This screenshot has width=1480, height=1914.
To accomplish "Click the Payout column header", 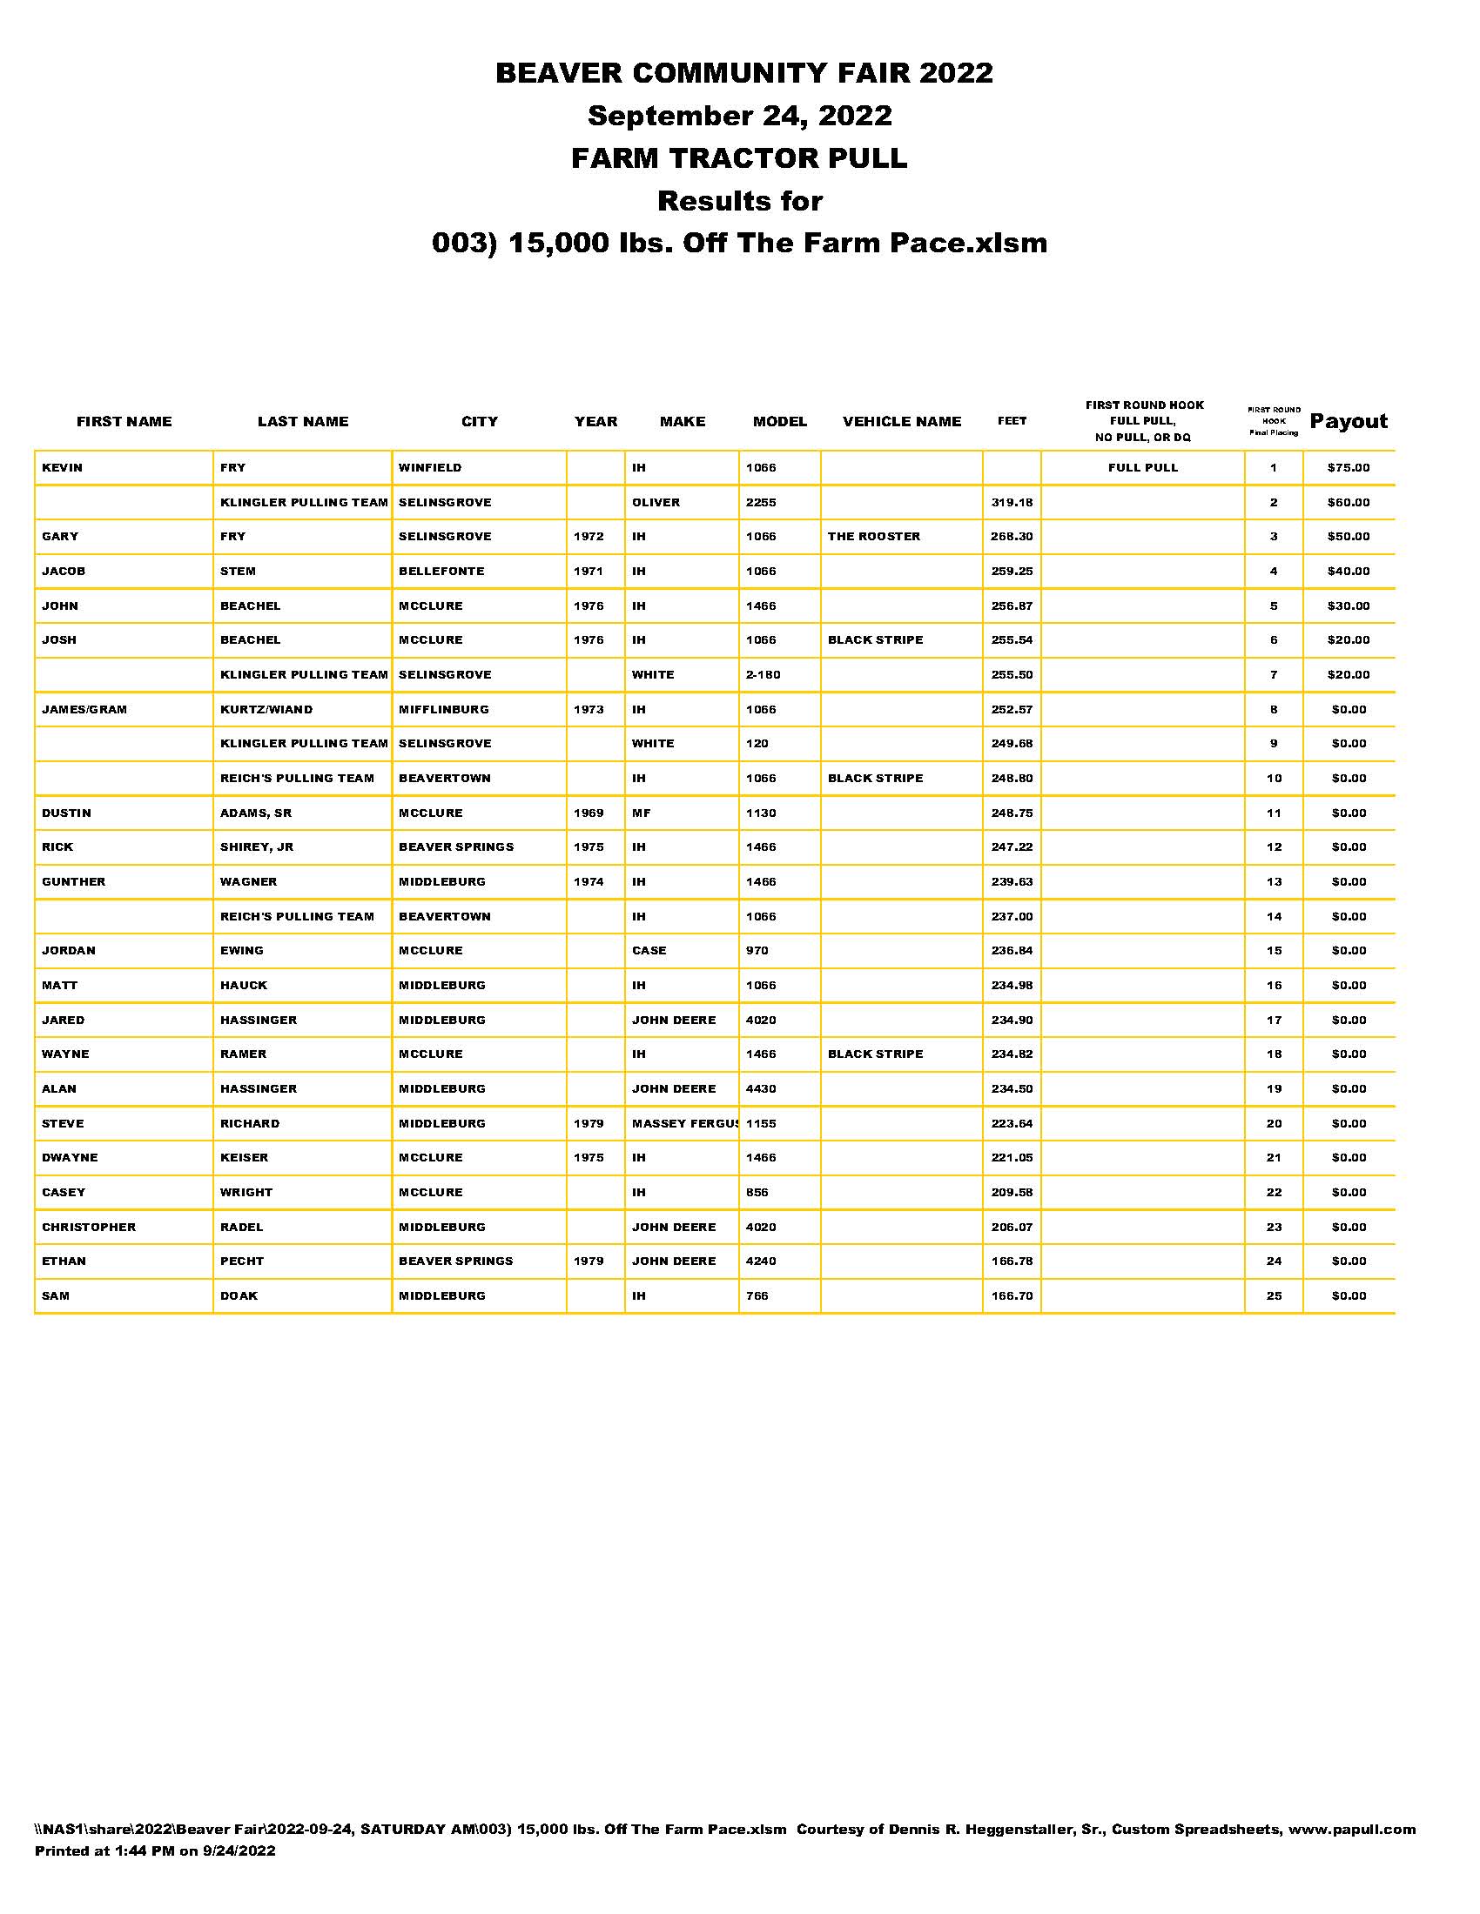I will click(1348, 422).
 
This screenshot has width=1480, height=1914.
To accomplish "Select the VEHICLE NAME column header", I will click(901, 422).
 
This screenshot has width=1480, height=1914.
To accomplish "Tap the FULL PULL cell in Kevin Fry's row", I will click(1142, 468).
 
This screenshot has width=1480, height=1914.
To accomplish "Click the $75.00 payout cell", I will click(1348, 468).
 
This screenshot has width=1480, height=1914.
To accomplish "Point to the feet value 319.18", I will click(1011, 503).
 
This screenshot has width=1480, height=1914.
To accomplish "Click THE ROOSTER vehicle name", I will click(873, 536).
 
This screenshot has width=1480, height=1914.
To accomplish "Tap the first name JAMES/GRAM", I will click(84, 710).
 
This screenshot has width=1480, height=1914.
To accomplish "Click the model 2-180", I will click(763, 675).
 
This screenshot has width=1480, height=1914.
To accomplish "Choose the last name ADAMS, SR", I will click(255, 813).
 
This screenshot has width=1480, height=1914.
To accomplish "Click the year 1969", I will click(589, 813).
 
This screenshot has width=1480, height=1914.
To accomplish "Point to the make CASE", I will click(649, 951).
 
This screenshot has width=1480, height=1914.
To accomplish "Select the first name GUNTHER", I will click(74, 882).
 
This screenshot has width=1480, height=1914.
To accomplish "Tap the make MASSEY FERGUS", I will click(684, 1123).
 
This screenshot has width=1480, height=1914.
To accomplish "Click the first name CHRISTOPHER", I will click(89, 1227).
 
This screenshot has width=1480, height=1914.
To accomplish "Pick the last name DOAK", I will click(239, 1296).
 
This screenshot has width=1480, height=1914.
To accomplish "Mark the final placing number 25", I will click(1273, 1296).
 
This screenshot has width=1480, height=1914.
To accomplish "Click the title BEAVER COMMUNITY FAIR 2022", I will click(743, 73).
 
